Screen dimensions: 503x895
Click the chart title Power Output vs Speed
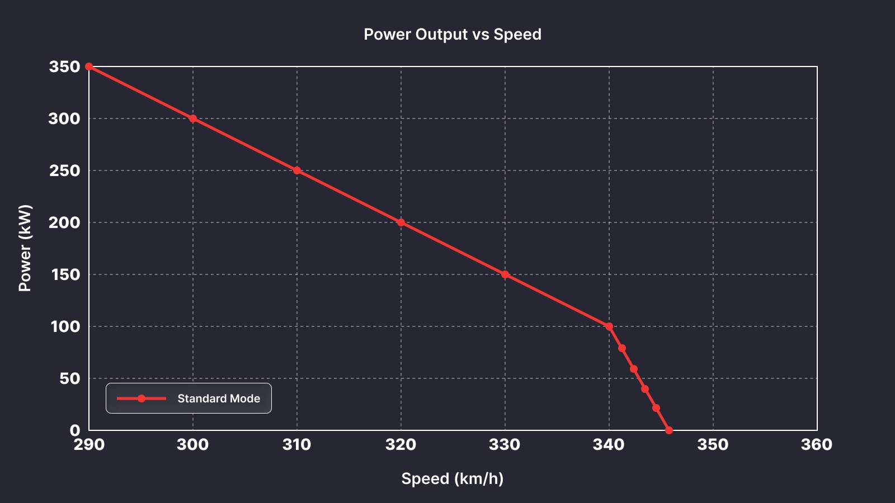coord(453,35)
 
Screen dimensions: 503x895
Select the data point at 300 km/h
coord(193,118)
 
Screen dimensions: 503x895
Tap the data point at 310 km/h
coord(297,170)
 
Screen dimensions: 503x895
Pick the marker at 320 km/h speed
coord(401,222)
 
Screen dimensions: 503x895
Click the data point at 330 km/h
coord(505,274)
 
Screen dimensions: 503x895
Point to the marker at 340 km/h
coord(609,326)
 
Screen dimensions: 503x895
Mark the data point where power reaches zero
coord(669,430)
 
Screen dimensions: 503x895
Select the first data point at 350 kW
coord(89,67)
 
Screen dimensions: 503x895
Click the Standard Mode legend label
coord(219,398)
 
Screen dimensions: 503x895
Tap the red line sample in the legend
coord(142,398)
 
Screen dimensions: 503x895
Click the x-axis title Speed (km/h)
coord(453,479)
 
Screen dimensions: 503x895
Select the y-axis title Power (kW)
coord(25,248)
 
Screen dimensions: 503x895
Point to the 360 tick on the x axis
coord(817,445)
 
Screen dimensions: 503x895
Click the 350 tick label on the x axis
coord(713,445)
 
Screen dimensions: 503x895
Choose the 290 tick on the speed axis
coord(89,445)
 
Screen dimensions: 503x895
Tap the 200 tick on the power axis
coord(64,222)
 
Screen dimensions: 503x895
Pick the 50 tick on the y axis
coord(69,378)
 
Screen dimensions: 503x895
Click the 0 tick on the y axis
coord(75,430)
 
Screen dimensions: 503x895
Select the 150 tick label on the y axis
coord(65,274)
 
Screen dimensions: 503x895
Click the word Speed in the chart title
coord(517,35)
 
